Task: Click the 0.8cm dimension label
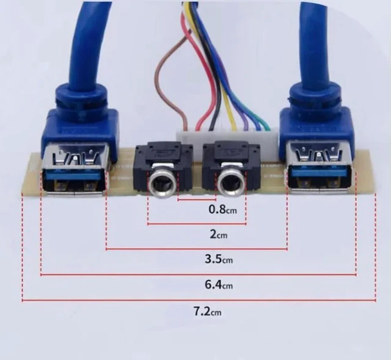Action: point(222,209)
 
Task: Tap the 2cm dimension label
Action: point(219,235)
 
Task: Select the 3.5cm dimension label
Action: point(219,259)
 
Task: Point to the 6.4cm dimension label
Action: point(219,284)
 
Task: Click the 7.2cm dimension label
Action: point(208,311)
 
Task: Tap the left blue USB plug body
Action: point(80,117)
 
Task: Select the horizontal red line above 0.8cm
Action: point(197,200)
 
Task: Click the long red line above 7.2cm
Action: point(199,300)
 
